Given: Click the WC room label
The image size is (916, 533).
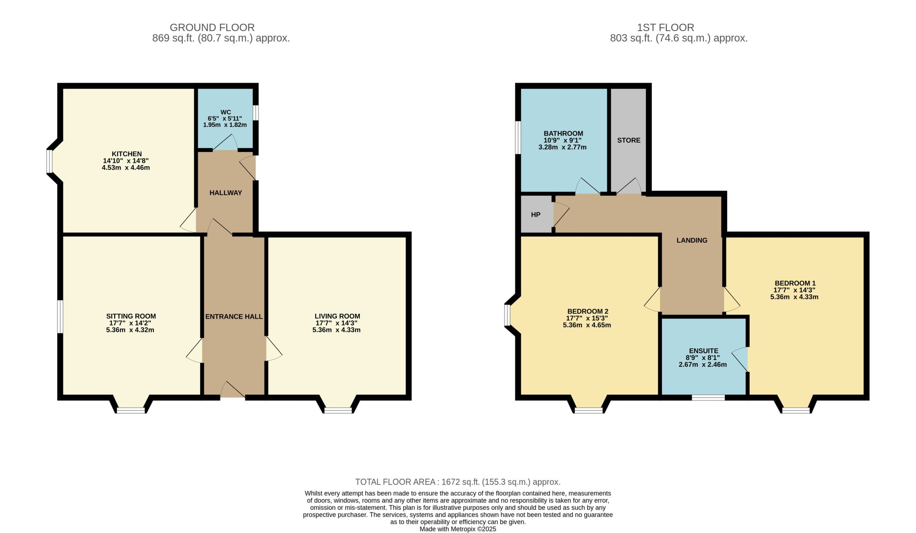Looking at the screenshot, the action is coord(225,112).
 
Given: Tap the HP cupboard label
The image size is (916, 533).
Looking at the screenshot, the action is coord(535,214).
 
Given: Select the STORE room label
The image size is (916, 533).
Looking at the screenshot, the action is coord(628,140).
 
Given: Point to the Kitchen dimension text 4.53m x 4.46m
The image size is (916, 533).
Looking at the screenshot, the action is coord(126,168).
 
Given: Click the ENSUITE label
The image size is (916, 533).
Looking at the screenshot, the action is coord(704,351).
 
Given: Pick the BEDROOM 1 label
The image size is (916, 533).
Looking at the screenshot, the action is coord(795,283).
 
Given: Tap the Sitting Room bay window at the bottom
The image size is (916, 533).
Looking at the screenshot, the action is coord(131,410).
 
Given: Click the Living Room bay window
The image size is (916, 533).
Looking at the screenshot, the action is coord(338,410).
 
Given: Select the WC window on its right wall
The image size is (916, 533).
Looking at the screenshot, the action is coord(256,113).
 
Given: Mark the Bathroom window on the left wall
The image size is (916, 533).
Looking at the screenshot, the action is coord(518,137).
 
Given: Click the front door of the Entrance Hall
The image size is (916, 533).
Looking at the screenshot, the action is coord(233,390).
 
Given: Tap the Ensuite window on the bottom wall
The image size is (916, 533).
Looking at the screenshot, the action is coord(708,398).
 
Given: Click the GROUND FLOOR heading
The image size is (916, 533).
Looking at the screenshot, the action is coord(212,28).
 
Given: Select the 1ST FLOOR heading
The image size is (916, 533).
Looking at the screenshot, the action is coord(665,28).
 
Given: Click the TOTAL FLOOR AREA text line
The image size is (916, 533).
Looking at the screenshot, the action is coord(458,482).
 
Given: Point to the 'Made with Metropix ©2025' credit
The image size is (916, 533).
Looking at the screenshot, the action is coord(458,529).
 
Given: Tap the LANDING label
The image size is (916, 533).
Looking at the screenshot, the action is coord(692,240).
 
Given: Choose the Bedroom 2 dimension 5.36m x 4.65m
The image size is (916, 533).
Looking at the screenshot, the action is coord(587,325).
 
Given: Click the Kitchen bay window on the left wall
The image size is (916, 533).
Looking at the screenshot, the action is coord(49,161).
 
